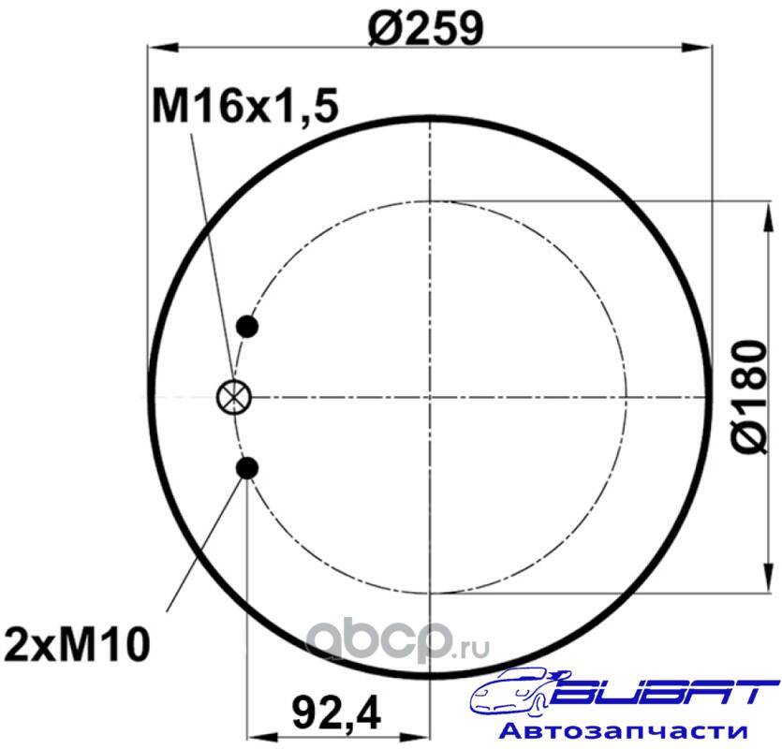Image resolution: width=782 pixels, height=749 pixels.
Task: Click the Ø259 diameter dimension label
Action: click(425, 28)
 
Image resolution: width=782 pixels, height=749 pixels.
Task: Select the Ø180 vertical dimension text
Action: click(749, 397)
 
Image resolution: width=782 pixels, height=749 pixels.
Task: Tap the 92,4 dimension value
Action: click(336, 713)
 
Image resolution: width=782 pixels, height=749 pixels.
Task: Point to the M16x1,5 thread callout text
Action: click(245, 106)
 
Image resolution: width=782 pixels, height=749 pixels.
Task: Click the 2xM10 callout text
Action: click(77, 644)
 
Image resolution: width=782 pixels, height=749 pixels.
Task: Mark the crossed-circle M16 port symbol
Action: click(234, 398)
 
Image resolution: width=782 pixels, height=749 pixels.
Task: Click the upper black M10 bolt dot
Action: click(247, 327)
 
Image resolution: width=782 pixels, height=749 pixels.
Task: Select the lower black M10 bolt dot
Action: click(247, 468)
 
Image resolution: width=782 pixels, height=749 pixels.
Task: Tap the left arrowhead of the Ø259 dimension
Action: click(163, 47)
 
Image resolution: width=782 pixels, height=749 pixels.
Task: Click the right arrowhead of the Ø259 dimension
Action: click(697, 47)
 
